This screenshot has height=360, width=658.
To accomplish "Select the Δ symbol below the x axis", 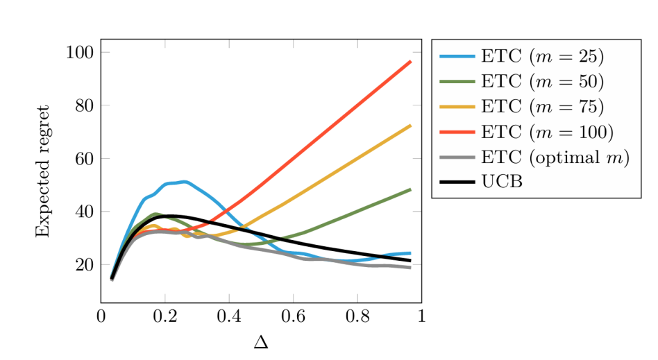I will pyautogui.click(x=261, y=343).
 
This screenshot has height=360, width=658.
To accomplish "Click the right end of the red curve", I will pyautogui.click(x=410, y=62).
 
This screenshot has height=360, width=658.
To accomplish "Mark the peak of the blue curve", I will pyautogui.click(x=183, y=182).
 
